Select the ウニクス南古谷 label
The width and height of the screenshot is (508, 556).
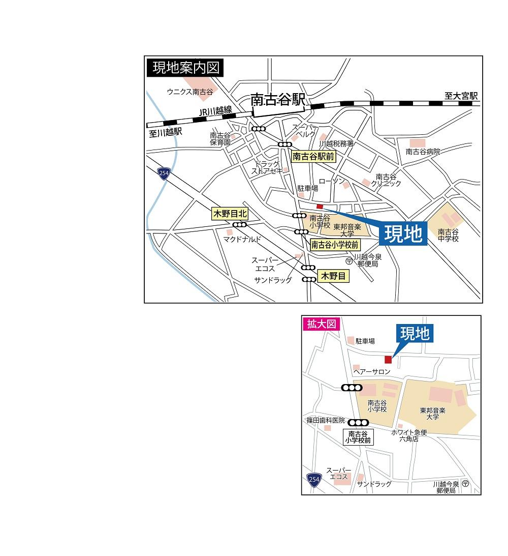[x=190, y=92]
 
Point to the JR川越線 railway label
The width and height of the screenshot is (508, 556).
[x=215, y=111]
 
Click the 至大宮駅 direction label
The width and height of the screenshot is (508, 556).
[x=461, y=96]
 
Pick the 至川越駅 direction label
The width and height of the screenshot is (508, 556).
[x=165, y=132]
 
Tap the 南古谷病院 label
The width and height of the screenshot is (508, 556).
[x=423, y=152]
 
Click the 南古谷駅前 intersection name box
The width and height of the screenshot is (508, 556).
[x=313, y=157]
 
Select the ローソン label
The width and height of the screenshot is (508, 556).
[x=331, y=182]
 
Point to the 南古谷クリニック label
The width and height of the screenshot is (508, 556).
[x=386, y=180]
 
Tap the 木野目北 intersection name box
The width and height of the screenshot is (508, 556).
[x=230, y=214]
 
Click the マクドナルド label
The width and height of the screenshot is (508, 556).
[x=242, y=239]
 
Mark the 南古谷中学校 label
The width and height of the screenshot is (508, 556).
[x=448, y=236]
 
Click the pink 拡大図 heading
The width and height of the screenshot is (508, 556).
[x=321, y=324]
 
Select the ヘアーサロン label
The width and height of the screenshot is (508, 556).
[x=372, y=372]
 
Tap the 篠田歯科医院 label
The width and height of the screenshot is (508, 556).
[x=325, y=421]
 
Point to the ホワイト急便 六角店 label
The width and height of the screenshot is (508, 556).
[x=409, y=435]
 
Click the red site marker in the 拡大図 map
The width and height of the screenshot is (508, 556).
[x=388, y=360]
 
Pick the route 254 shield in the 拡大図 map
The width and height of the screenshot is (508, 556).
[x=313, y=479]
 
